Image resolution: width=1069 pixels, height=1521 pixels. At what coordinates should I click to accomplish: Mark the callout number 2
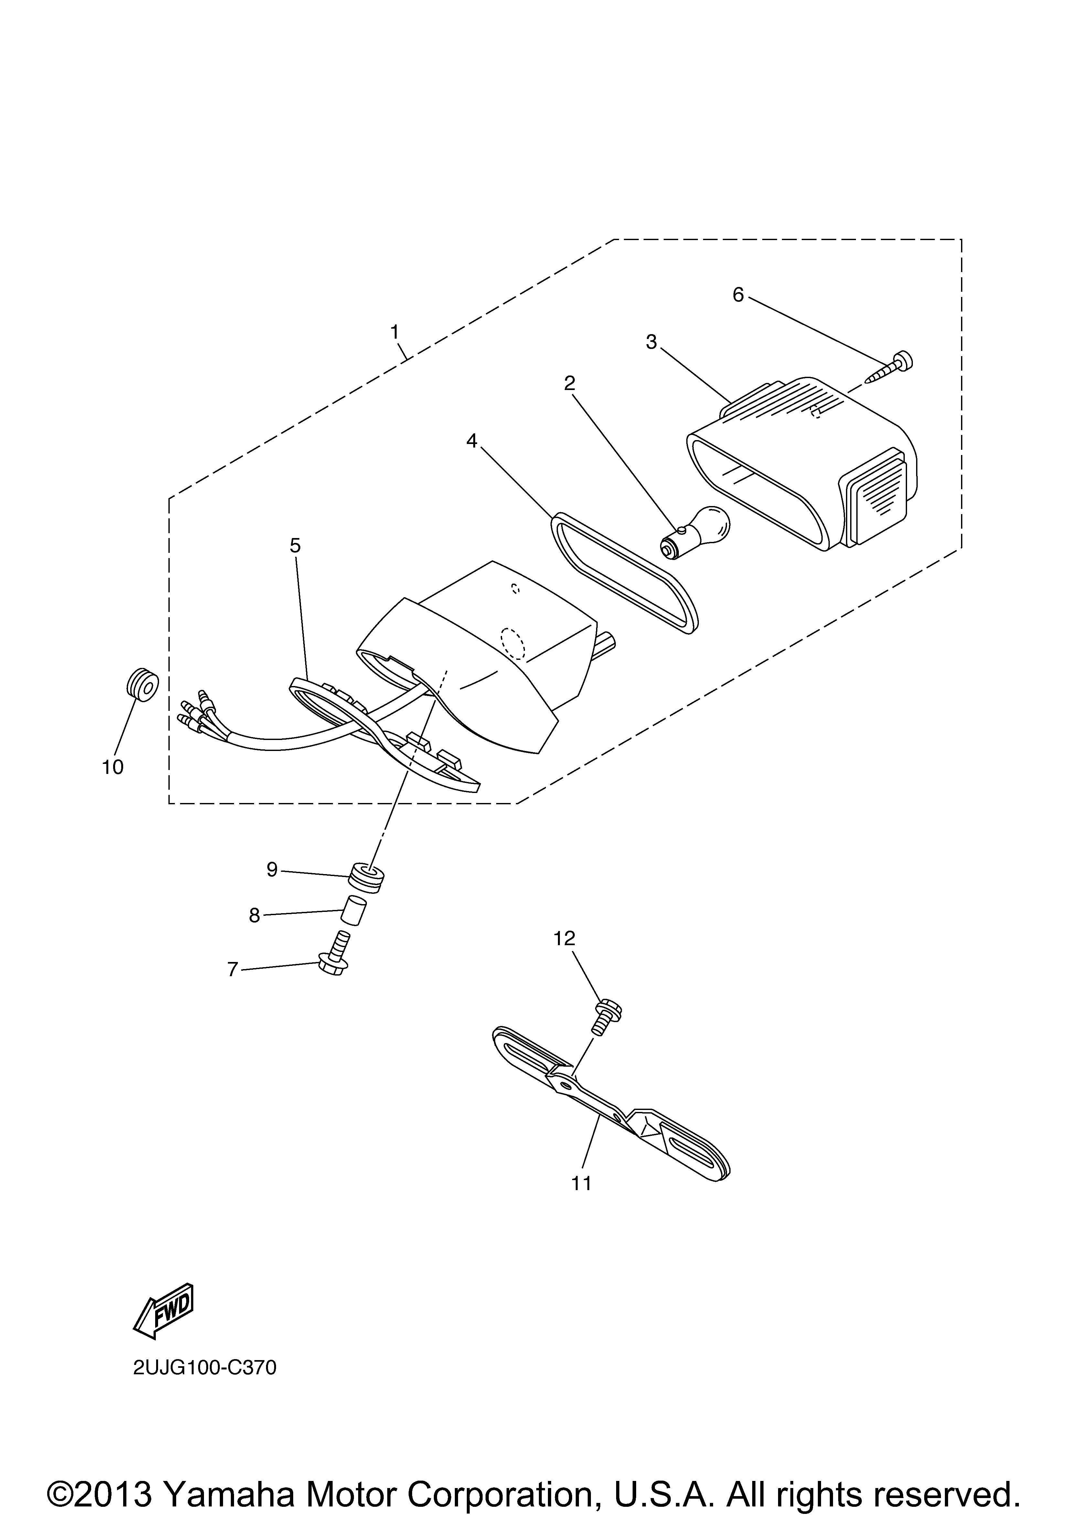[569, 382]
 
